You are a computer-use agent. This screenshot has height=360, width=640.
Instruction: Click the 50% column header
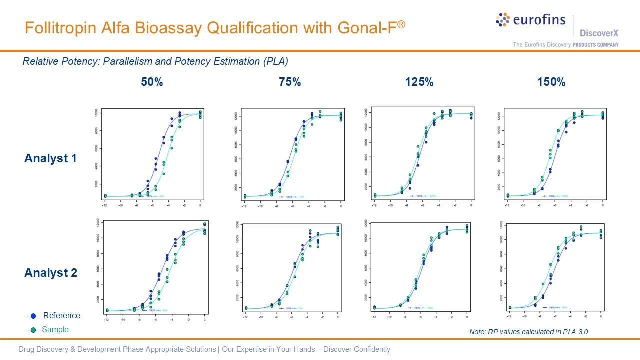coord(152,82)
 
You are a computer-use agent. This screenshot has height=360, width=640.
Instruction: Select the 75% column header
coord(290,82)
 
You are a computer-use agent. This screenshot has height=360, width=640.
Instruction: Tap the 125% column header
coord(419,82)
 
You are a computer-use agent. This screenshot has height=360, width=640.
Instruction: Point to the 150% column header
coord(551,82)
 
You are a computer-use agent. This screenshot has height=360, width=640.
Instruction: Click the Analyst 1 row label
coord(51,159)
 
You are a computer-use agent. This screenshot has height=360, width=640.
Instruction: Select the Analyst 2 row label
coord(51,273)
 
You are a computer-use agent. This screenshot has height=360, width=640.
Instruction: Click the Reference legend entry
coord(61,315)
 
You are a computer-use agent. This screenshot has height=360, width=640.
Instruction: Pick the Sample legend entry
coord(55,330)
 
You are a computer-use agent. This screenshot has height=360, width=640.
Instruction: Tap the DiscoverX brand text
coord(599,33)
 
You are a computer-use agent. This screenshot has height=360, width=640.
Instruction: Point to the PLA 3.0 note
coord(525,332)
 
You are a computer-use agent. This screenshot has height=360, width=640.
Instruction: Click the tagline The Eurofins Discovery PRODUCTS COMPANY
coord(565,45)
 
